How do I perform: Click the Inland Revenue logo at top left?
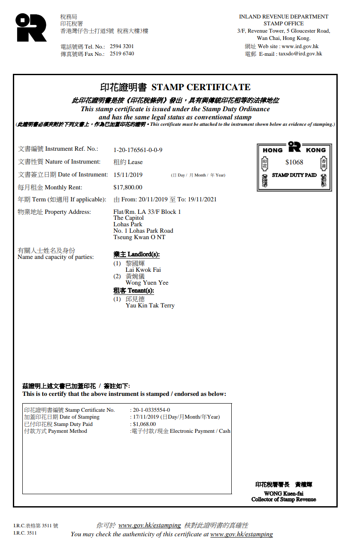pos(31,27)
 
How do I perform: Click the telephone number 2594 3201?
pos(122,46)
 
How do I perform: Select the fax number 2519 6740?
pos(122,54)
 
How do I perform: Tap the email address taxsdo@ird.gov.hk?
pos(300,54)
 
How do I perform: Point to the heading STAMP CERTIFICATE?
pos(201,87)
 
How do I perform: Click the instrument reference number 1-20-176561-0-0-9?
pos(138,150)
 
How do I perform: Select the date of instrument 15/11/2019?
pos(128,175)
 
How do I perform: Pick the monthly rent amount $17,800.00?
pos(127,187)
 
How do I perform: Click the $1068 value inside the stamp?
pos(294,162)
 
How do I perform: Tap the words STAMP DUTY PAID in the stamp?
pos(294,175)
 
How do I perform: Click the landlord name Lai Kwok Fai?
pos(143,270)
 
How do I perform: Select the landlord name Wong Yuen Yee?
pos(147,283)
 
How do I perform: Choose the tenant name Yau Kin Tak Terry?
pos(150,305)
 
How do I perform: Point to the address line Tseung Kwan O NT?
pos(139,237)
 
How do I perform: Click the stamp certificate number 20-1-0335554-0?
pos(151,410)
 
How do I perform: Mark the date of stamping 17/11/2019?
pos(146,417)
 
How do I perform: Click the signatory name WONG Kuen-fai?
pos(284,493)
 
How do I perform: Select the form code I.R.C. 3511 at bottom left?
pos(25,533)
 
